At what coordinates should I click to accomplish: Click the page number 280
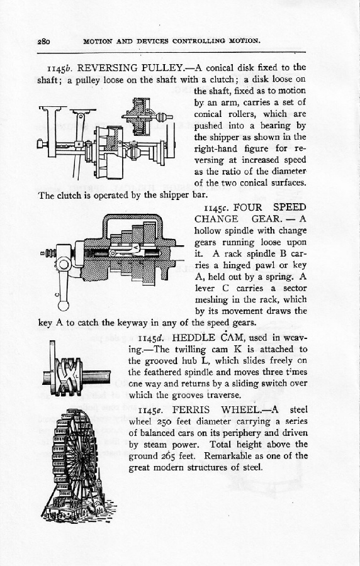click(43, 41)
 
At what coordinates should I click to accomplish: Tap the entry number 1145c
click(217, 208)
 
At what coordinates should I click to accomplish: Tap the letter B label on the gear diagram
click(42, 253)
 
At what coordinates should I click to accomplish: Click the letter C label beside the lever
click(57, 294)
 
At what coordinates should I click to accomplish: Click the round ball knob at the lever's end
click(63, 306)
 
